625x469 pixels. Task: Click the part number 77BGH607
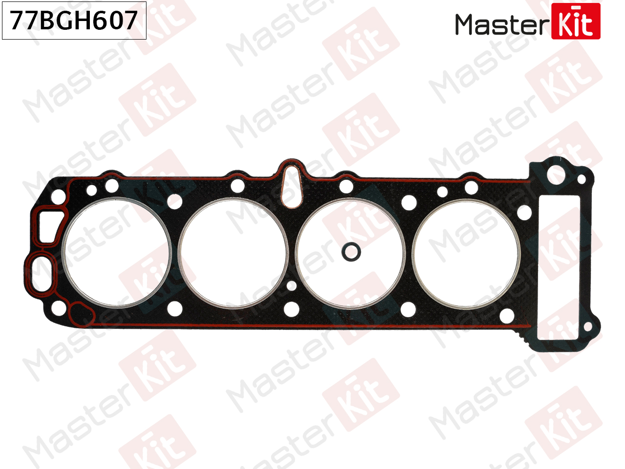(x=74, y=21)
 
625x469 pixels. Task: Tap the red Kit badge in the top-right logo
(x=576, y=21)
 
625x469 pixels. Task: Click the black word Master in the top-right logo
(x=502, y=24)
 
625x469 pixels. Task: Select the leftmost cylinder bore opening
(x=117, y=253)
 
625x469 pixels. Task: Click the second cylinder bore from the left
(x=233, y=254)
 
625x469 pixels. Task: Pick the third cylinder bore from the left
(x=351, y=254)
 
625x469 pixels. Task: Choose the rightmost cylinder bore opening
(x=466, y=254)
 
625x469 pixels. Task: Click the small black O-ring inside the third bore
(x=351, y=252)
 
